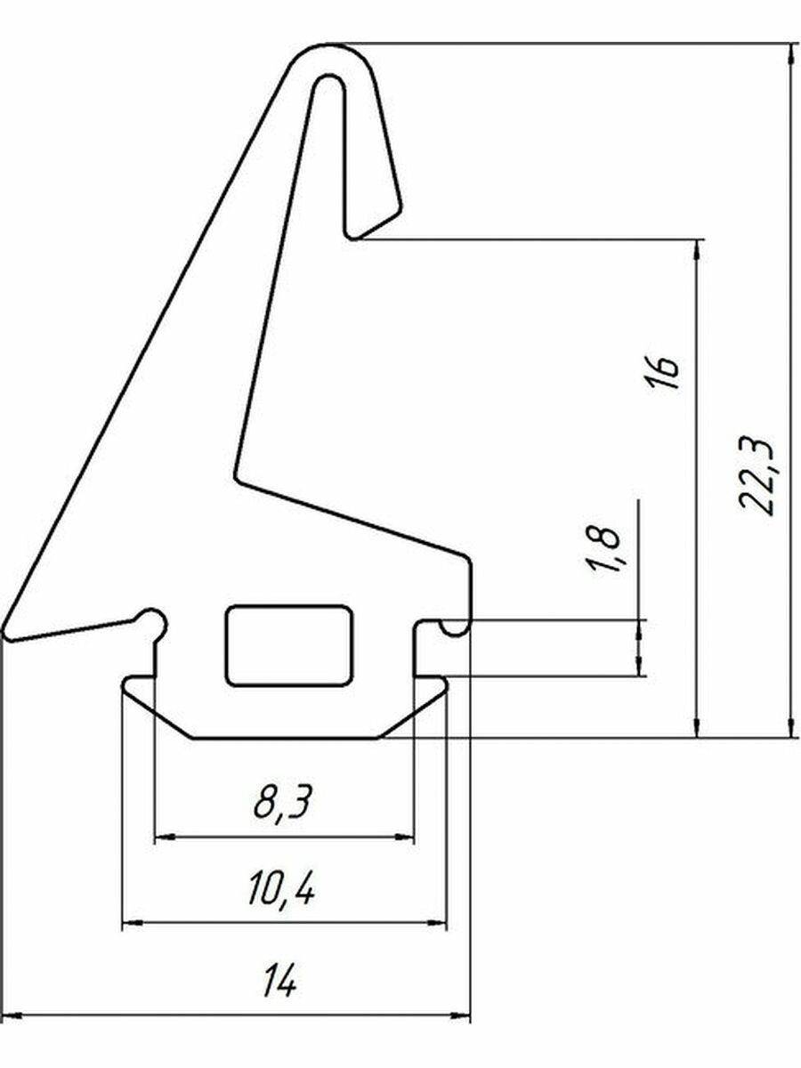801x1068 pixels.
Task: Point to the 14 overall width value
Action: coord(279,983)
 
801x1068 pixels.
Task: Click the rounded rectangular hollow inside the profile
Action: coord(288,646)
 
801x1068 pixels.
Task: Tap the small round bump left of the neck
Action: coord(152,619)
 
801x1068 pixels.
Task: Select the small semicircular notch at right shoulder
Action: coord(455,628)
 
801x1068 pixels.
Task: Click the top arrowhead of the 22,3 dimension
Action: coord(791,53)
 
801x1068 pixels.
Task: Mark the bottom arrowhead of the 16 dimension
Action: coord(697,728)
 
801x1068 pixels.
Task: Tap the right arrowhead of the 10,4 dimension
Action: coord(439,925)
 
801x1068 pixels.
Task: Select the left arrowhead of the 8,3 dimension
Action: coord(164,837)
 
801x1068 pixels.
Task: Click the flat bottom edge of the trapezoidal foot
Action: coord(285,738)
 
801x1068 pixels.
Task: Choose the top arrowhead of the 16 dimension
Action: coord(697,249)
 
